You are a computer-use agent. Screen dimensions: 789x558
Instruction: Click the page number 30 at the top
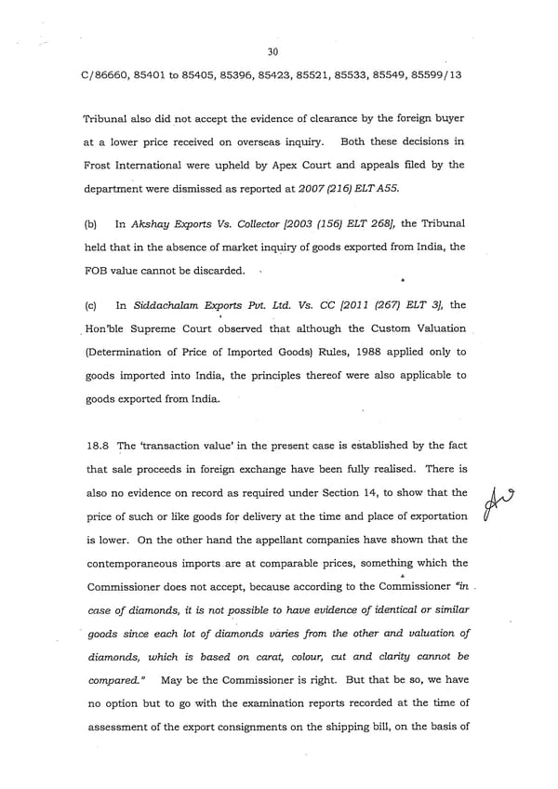[x=272, y=52]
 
